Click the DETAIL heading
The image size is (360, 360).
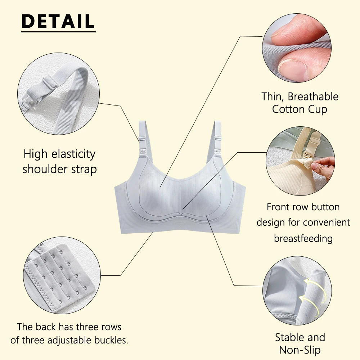tap(58, 21)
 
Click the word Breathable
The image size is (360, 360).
tap(313, 96)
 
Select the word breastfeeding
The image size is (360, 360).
tap(303, 239)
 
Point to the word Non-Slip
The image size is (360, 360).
tap(300, 350)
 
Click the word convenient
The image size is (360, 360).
tap(326, 222)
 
